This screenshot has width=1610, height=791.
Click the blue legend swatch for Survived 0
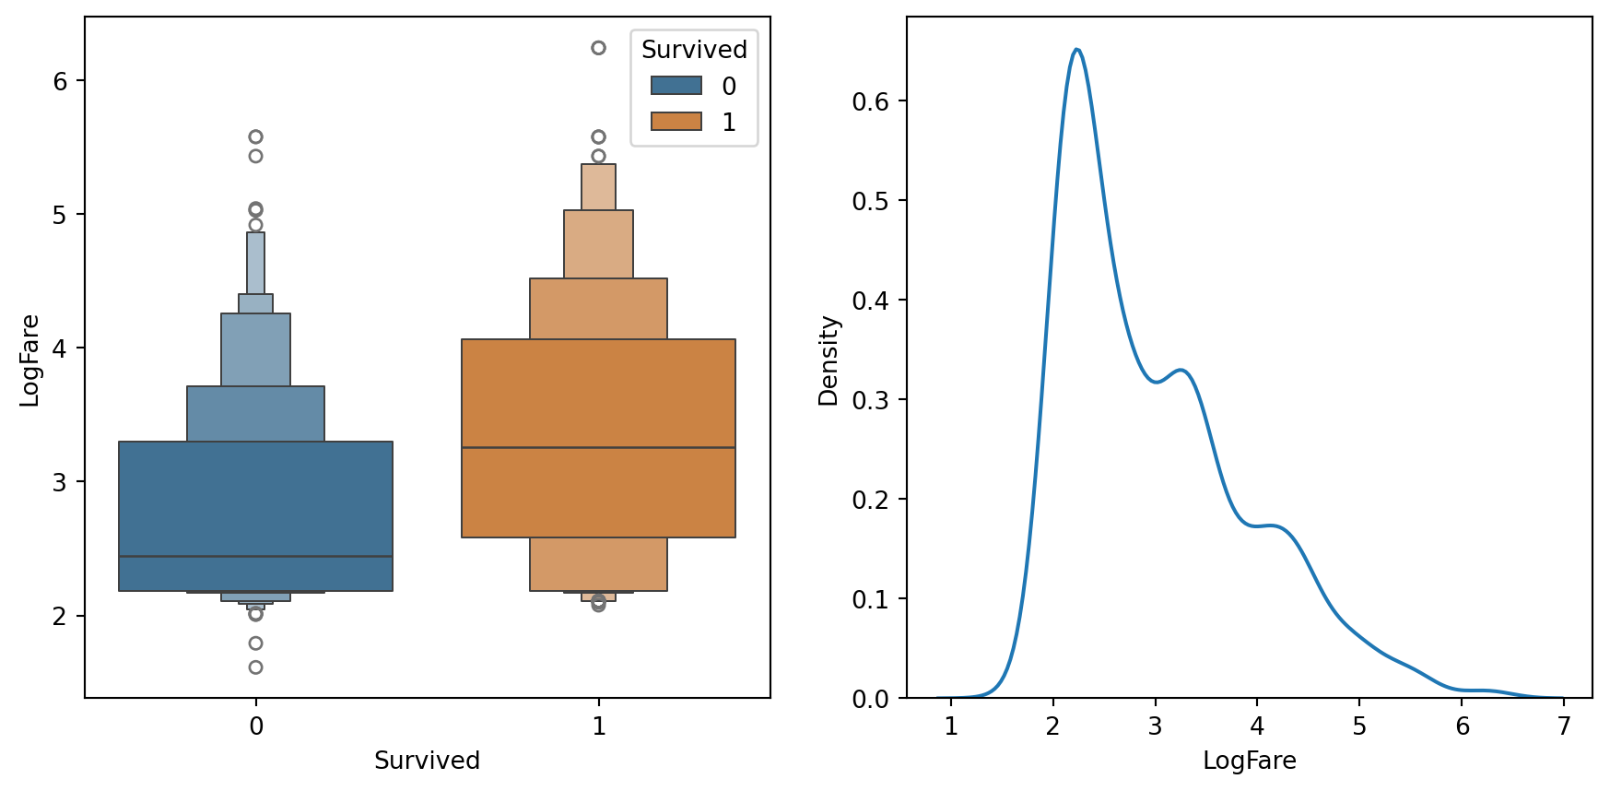(676, 86)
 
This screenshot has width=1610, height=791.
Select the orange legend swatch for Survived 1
(676, 122)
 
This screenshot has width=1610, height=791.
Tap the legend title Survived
(694, 50)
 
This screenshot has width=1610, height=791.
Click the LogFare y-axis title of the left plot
(29, 360)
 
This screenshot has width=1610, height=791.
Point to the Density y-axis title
(829, 360)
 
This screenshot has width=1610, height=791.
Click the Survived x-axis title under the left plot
(427, 761)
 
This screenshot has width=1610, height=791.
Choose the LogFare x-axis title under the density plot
(1249, 761)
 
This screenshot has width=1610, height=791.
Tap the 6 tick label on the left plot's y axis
(61, 81)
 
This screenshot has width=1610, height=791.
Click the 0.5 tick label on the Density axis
(870, 201)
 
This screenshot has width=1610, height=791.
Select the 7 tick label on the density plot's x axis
(1564, 726)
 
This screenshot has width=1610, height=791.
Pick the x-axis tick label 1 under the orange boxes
(599, 726)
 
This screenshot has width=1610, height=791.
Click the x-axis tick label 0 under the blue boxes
(256, 726)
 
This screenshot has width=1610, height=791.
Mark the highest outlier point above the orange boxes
(598, 48)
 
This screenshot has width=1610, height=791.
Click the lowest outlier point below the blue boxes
(255, 667)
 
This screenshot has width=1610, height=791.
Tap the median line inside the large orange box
(598, 448)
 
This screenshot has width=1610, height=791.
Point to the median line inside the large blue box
(255, 557)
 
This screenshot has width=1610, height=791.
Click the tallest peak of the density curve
(1076, 50)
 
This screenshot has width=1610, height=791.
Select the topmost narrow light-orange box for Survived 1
(598, 187)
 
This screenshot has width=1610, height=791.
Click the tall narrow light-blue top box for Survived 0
(255, 263)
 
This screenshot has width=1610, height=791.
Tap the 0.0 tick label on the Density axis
(870, 699)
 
